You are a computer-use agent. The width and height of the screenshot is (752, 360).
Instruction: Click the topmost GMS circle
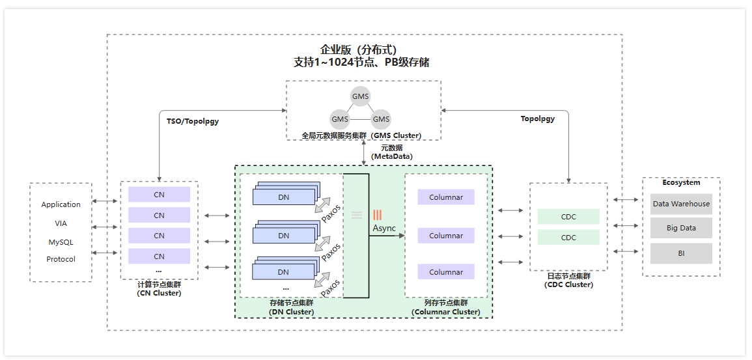click(360, 96)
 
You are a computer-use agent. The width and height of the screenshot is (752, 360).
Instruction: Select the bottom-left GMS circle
click(340, 119)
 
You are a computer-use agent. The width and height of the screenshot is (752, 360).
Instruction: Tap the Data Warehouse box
click(681, 204)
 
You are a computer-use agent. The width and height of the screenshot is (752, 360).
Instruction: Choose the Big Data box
click(681, 228)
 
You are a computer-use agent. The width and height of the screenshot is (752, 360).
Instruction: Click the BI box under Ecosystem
click(681, 253)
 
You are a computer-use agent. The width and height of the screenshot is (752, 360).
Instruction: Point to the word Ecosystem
click(681, 183)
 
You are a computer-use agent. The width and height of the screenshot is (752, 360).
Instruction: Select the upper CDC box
click(568, 217)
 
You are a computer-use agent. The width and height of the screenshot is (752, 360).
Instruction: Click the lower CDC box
click(568, 238)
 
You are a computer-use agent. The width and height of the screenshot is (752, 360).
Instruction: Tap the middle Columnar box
click(446, 236)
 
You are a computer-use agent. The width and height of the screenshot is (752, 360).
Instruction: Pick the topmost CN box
click(159, 195)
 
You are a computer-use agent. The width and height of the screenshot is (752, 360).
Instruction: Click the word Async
click(384, 228)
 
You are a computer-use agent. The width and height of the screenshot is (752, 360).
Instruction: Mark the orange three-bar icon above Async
click(377, 215)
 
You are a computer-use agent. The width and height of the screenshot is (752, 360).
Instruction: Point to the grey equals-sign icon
click(357, 215)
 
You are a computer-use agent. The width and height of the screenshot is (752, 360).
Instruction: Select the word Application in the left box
click(61, 204)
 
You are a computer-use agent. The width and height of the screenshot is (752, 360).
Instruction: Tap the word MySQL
click(61, 242)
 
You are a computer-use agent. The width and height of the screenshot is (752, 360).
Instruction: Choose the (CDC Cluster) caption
click(568, 284)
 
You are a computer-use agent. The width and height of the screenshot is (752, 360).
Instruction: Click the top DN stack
click(285, 195)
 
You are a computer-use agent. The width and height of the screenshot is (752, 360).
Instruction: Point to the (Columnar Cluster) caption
click(446, 312)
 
